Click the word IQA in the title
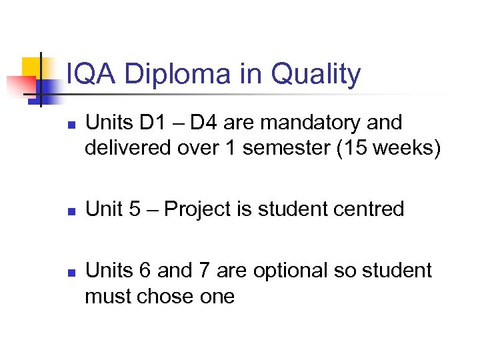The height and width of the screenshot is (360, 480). point(91,75)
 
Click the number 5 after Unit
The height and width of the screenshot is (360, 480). point(135,209)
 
